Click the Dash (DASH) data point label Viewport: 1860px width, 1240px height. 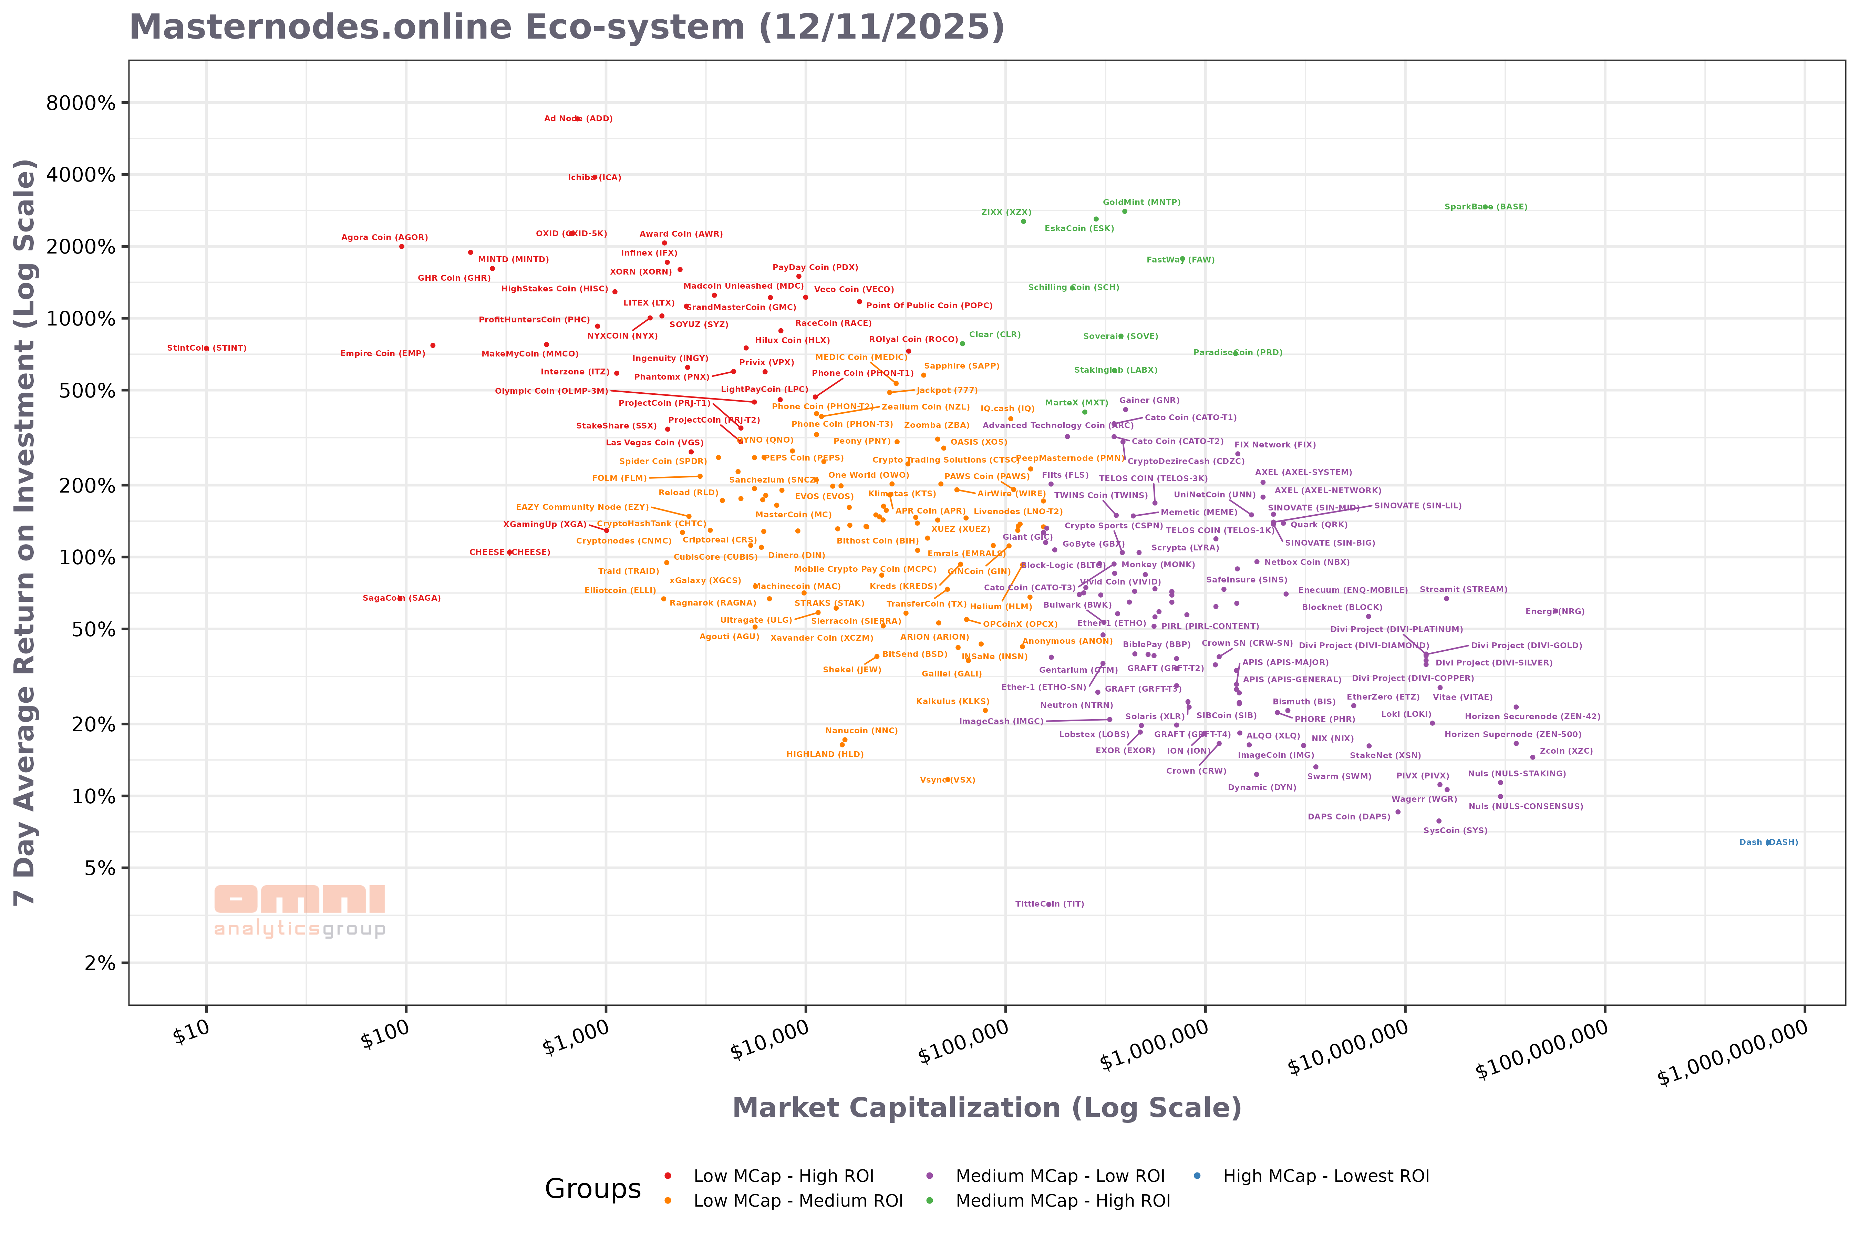pos(1768,842)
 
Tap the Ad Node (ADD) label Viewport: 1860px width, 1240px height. pos(578,118)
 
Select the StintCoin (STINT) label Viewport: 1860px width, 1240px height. pos(206,348)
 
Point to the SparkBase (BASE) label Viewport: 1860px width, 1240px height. pos(1485,207)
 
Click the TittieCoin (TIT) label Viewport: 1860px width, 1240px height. pos(1050,904)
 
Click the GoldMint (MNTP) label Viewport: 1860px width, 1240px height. pos(1141,203)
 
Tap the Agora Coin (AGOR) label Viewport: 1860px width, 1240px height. pos(384,237)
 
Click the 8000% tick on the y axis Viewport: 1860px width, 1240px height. pos(81,103)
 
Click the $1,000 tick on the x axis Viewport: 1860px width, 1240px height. pos(576,1037)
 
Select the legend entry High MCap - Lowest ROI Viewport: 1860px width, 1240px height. pos(1325,1176)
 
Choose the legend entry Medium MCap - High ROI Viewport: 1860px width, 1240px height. pos(1062,1200)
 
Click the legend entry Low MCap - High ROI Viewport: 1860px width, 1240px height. pos(783,1176)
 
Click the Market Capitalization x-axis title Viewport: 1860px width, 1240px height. pos(986,1108)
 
